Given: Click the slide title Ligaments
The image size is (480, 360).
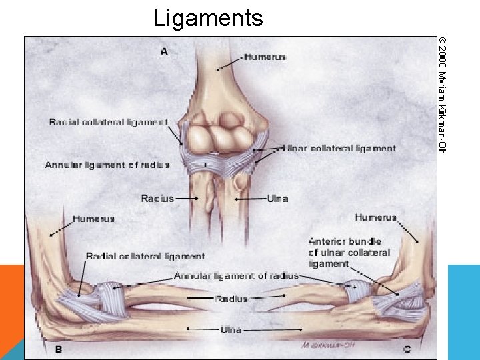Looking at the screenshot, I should point(208,17).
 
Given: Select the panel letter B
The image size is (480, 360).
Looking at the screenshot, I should point(59,348).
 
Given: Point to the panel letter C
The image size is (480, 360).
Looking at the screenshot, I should point(407,348).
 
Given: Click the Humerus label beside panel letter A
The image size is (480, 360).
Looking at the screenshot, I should point(265,57).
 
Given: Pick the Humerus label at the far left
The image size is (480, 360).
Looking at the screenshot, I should point(93,219).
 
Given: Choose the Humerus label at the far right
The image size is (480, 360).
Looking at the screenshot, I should point(375,217).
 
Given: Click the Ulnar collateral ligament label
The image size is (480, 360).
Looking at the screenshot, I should point(340,149).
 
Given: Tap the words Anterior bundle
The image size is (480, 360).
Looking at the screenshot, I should point(345,241).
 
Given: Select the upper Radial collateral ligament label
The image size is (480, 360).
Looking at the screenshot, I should point(108,122).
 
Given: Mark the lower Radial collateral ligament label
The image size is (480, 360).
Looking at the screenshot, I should point(145,256).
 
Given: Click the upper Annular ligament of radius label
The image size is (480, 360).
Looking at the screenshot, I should point(107,165).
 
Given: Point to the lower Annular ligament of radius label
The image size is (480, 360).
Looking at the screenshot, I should point(236,275).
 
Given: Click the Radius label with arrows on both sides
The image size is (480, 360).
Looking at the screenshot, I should point(231,299).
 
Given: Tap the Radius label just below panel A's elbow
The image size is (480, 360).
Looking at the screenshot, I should point(157,198).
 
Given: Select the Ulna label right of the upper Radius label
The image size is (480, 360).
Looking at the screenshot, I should point(277,198).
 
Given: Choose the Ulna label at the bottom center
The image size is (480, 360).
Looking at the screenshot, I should point(231,329).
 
